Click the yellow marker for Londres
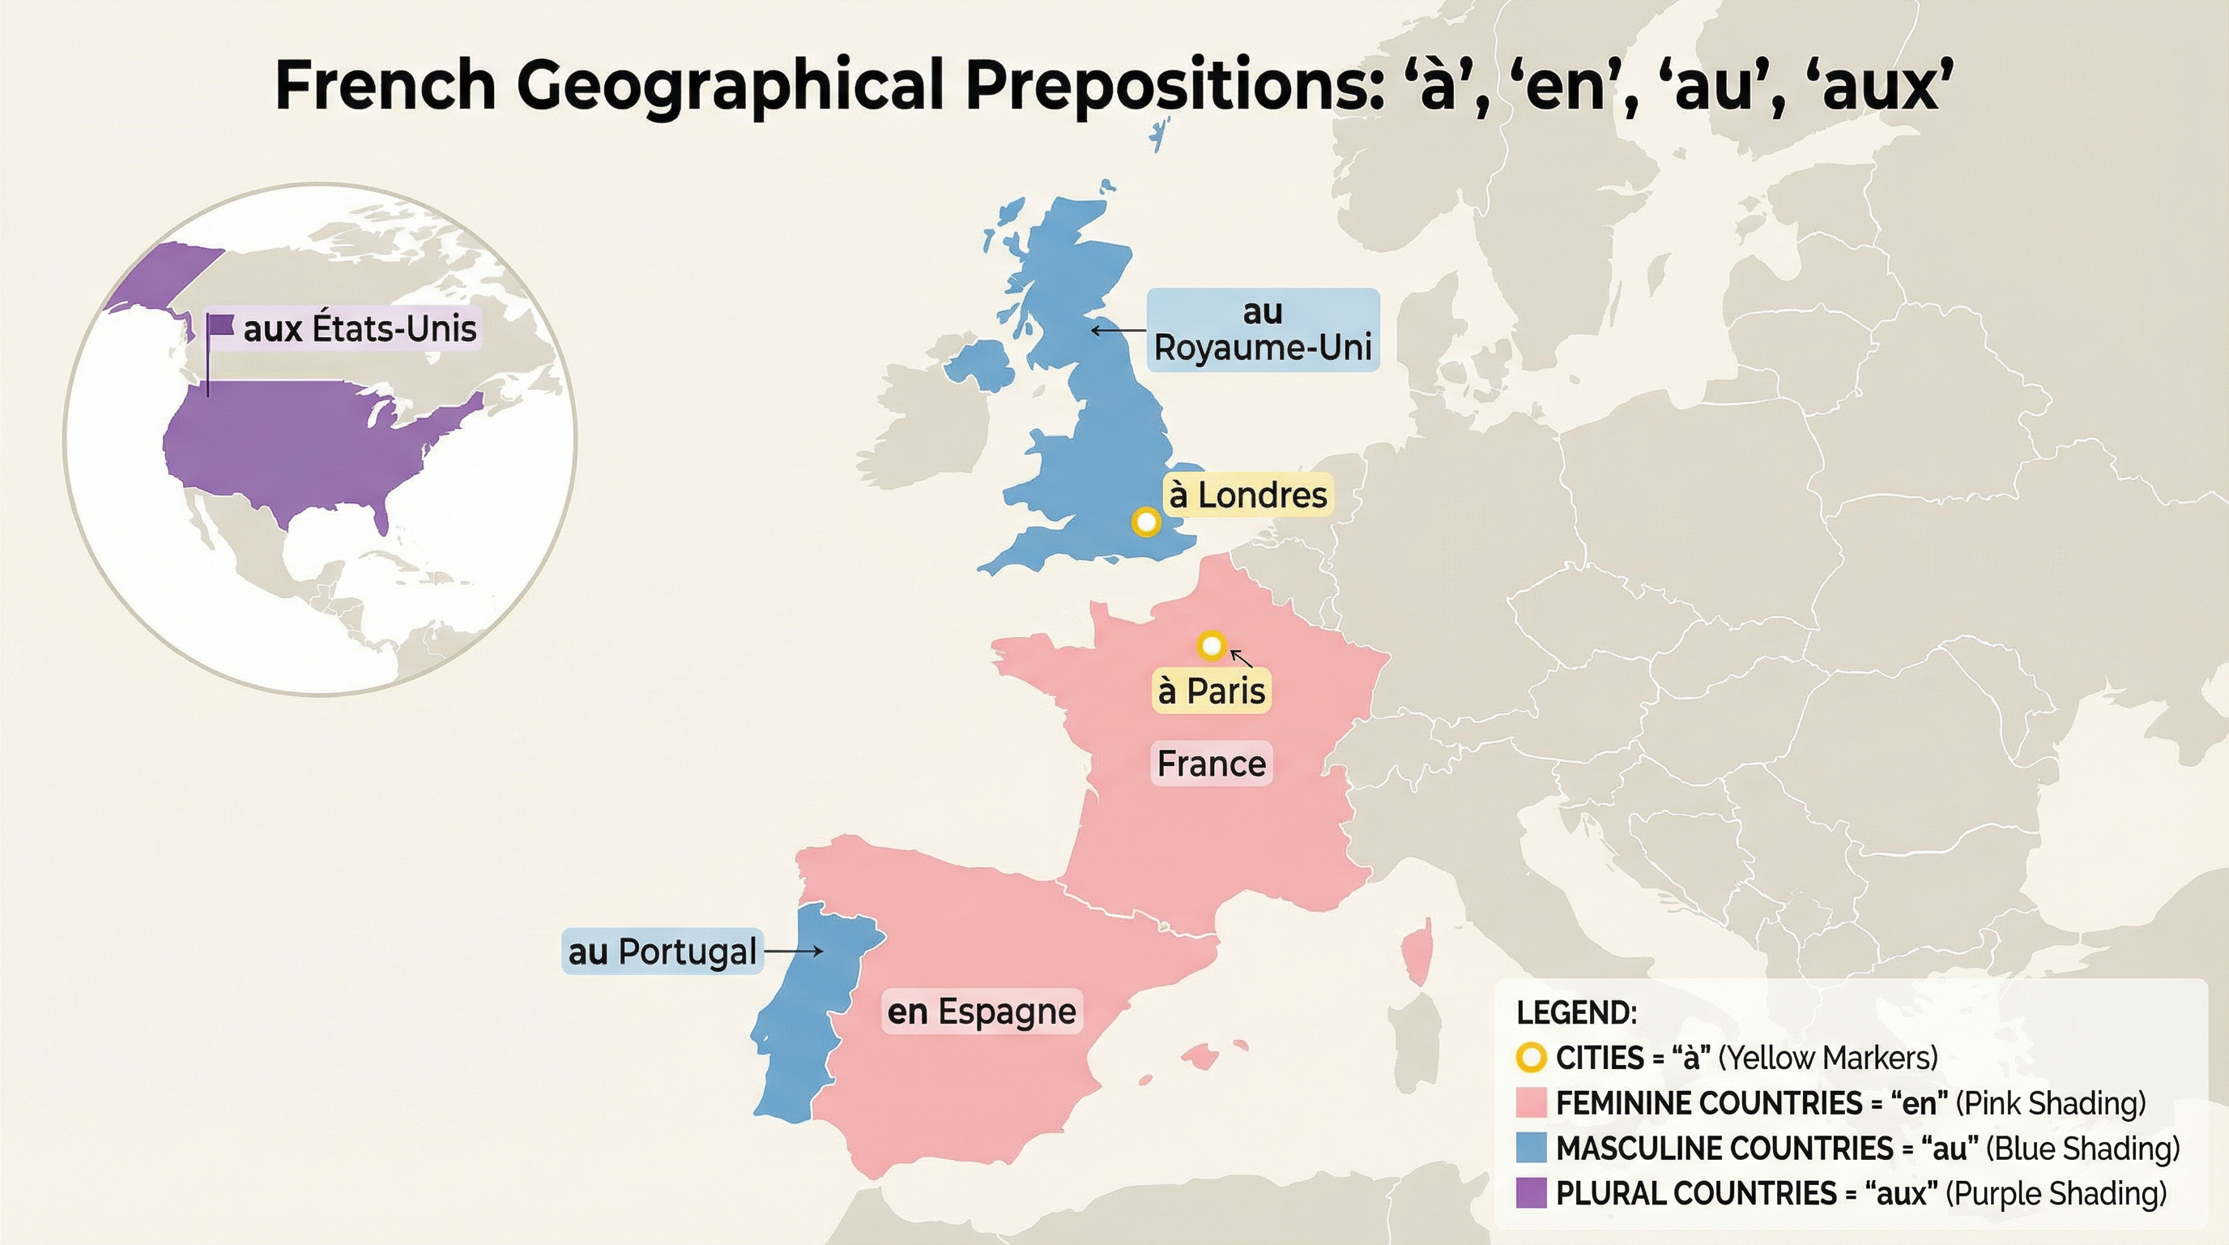[x=1145, y=522]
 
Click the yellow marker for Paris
[x=1212, y=645]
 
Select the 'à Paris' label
[x=1212, y=691]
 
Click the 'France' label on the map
[x=1212, y=764]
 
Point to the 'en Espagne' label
[x=981, y=1012]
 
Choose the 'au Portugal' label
[x=662, y=952]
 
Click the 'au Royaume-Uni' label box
[x=1263, y=330]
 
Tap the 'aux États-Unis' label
[x=359, y=329]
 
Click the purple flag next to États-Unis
[x=221, y=326]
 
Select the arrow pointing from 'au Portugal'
[x=794, y=952]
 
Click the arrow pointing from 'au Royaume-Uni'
[x=1118, y=330]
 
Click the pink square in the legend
[x=1531, y=1103]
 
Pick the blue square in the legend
[x=1531, y=1148]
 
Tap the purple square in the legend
[x=1531, y=1193]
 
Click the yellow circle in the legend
[x=1531, y=1057]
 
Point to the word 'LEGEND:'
[x=1576, y=1012]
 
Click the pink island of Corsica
[x=1416, y=956]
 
